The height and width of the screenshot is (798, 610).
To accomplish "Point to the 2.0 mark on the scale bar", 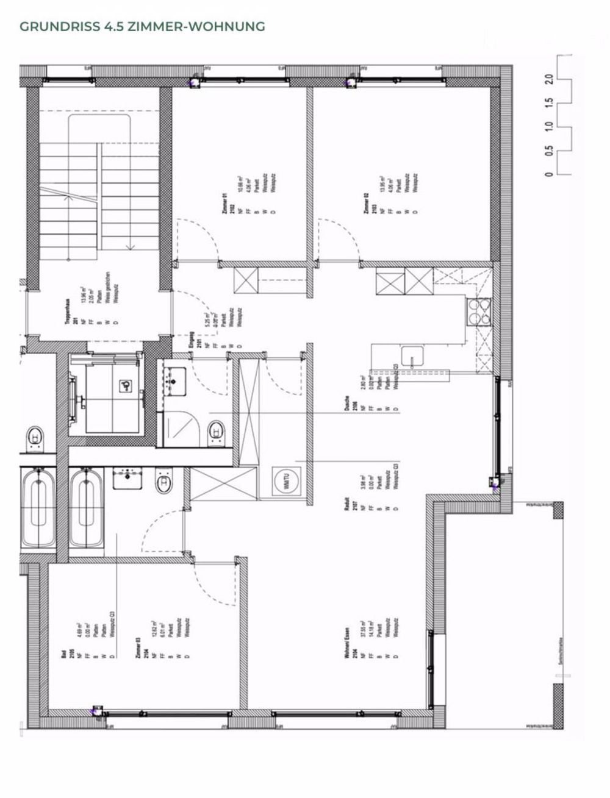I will point(549,79).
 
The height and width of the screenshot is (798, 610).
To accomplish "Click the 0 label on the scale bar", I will point(549,175).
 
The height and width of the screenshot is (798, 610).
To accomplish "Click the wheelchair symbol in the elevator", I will point(125,385).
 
